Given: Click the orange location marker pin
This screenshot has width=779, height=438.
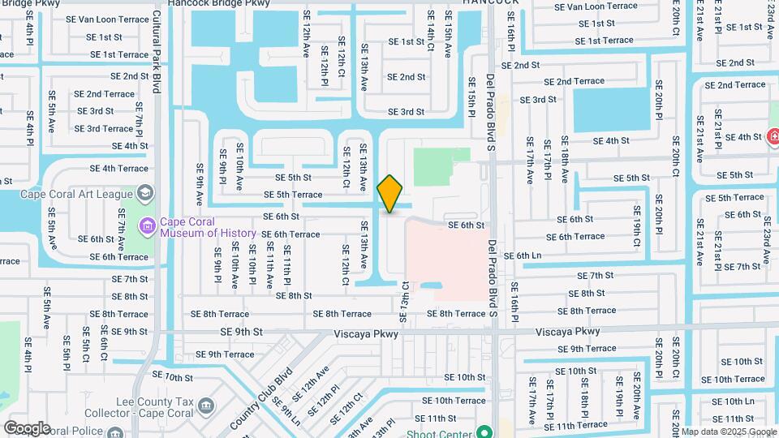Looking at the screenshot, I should [390, 193].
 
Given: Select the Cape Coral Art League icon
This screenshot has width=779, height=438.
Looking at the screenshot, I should [145, 193].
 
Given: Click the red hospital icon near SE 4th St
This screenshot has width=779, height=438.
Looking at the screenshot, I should [773, 136].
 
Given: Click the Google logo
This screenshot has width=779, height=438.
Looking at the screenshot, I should [27, 428].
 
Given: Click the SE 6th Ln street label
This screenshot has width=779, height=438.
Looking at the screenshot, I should [523, 255].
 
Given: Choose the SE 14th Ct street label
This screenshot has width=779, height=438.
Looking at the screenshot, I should [430, 33].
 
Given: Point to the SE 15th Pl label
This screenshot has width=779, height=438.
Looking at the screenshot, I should [471, 95].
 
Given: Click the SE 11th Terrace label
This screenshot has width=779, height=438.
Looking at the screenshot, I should [575, 425].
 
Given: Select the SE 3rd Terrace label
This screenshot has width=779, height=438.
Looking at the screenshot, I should [104, 128].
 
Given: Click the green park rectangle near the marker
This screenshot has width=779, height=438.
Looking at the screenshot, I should [441, 165].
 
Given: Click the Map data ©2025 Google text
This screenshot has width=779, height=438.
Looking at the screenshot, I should [727, 432].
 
